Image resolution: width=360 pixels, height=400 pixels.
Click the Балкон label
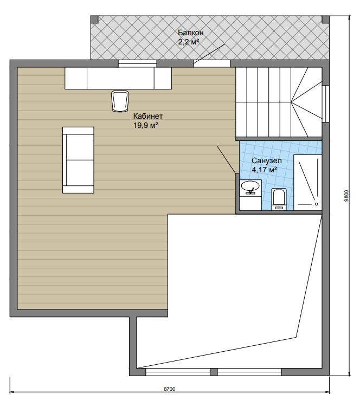click(191, 33)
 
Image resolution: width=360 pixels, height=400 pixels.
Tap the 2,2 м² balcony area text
click(188, 42)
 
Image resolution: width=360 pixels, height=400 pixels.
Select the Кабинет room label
click(147, 116)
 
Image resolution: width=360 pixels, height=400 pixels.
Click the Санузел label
click(266, 160)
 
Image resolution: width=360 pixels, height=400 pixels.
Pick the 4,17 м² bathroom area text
click(265, 170)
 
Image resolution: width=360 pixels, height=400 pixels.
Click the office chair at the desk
click(120, 101)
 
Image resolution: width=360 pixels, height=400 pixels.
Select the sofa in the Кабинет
click(78, 160)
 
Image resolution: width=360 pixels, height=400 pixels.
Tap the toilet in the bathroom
click(279, 199)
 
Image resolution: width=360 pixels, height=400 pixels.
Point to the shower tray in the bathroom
click(307, 182)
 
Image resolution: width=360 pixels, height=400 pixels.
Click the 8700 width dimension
click(169, 389)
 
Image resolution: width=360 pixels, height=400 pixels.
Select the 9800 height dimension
click(346, 196)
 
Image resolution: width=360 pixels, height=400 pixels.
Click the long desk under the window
click(118, 78)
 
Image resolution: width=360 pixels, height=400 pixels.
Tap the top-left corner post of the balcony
click(94, 20)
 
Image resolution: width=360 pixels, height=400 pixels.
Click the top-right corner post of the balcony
click(325, 20)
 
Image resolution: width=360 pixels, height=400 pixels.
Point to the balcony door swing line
click(209, 53)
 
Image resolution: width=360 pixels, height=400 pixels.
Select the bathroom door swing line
click(226, 160)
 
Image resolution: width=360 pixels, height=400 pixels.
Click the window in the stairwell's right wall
click(325, 104)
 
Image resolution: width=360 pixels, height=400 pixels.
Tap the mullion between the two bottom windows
click(214, 372)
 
